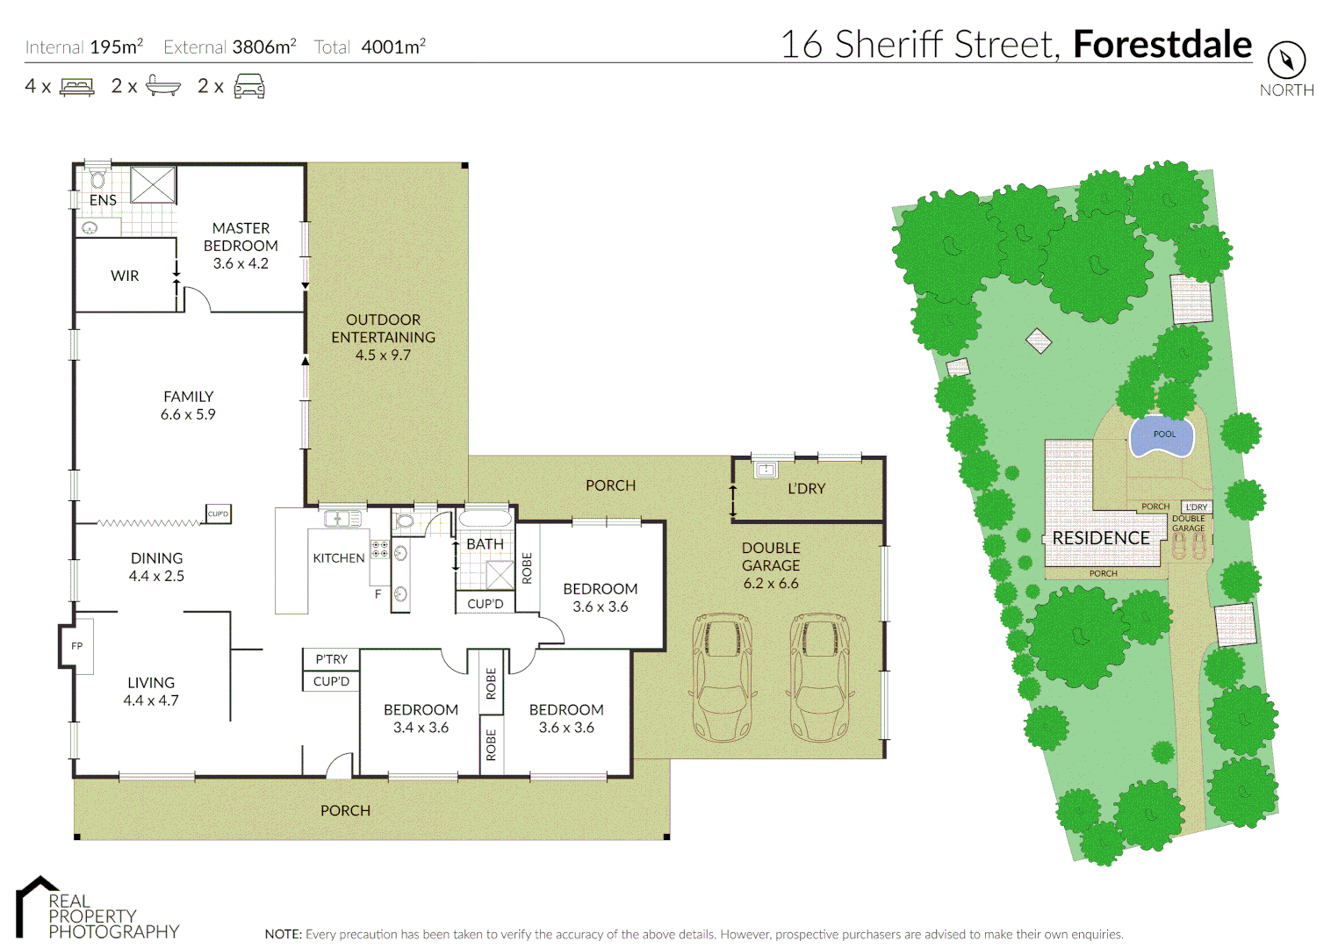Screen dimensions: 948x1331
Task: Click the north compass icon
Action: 1286,61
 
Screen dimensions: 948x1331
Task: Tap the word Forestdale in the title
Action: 1162,44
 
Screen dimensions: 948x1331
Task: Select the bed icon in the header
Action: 76,87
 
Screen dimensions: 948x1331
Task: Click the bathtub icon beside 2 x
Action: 162,86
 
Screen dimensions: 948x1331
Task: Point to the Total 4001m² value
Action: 392,47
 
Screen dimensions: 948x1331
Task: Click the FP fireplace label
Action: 77,646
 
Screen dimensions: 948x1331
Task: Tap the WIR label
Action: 125,276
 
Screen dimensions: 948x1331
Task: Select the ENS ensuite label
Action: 103,200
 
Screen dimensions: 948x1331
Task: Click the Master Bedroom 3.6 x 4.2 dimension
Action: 241,263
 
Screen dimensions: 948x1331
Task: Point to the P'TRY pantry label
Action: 331,659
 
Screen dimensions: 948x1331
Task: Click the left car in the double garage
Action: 723,677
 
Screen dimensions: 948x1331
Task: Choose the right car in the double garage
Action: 820,677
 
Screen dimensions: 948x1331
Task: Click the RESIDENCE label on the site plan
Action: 1100,538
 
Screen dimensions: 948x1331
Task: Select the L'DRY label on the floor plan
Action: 806,489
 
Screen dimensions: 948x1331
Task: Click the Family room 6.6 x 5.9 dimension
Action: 188,414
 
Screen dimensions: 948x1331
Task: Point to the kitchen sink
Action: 342,519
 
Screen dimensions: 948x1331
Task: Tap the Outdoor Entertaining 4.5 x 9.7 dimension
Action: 383,355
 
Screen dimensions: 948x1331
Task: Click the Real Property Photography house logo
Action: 35,904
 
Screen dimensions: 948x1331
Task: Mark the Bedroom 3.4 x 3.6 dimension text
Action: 421,728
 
